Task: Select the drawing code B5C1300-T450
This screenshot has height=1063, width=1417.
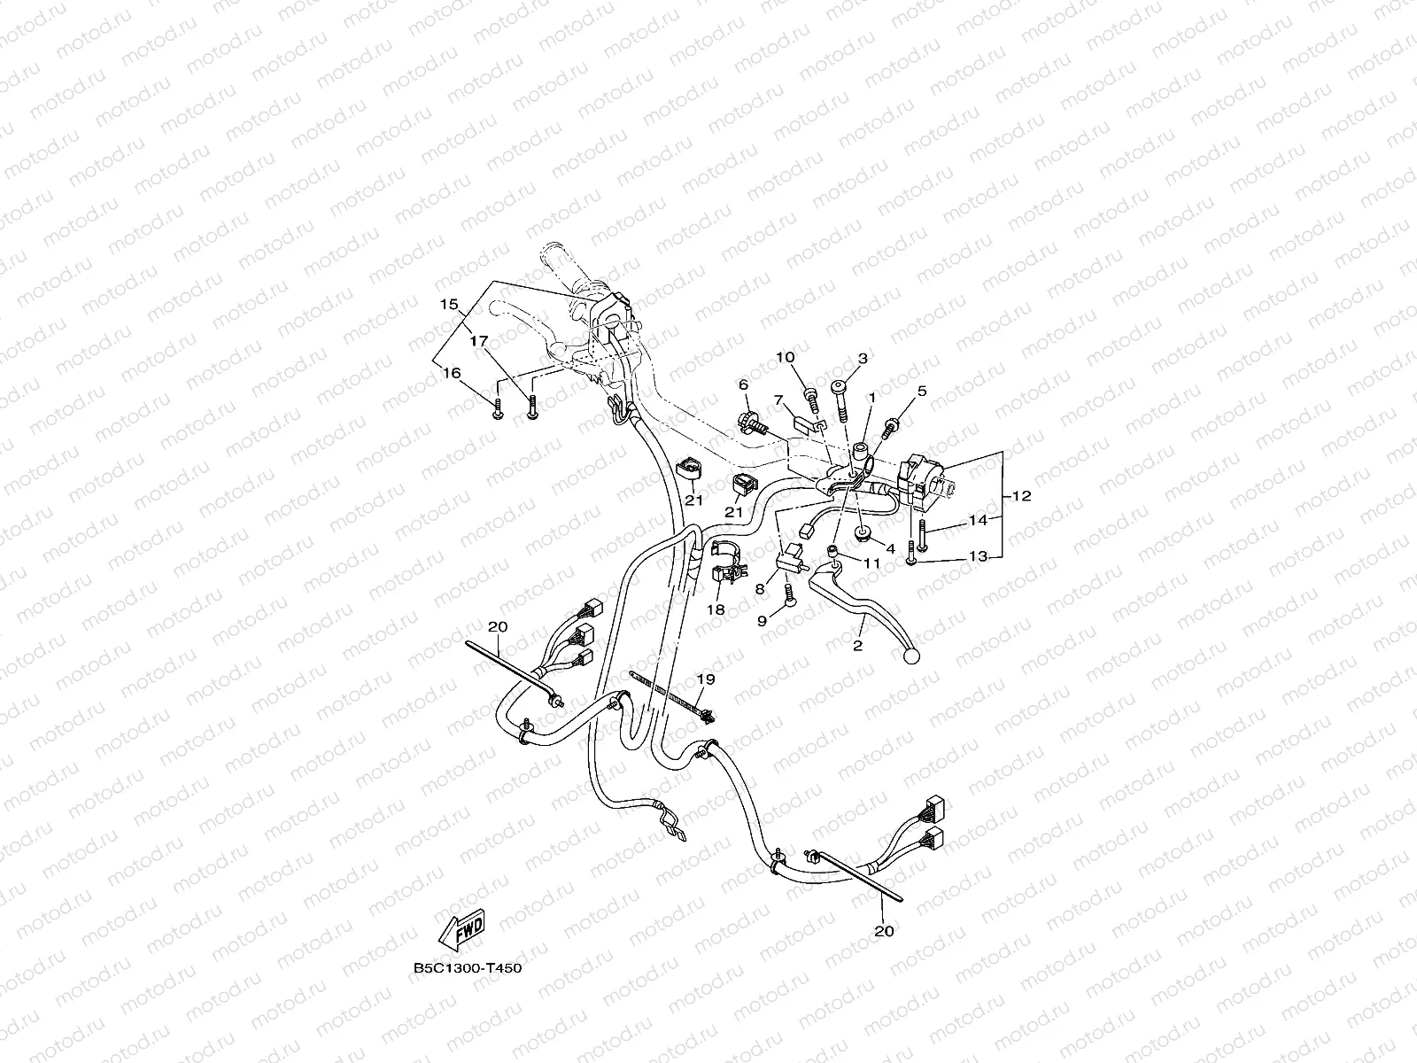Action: [467, 968]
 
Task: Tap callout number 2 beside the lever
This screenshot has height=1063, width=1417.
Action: [857, 646]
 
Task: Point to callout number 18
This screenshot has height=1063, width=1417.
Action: [716, 609]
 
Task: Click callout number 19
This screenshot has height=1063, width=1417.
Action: [705, 679]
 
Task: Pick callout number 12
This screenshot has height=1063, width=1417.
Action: [1021, 496]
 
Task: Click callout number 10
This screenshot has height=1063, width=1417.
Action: [786, 357]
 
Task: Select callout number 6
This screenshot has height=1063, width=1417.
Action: [743, 384]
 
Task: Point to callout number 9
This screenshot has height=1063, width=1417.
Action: [762, 622]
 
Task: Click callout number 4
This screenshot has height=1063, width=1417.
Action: [891, 548]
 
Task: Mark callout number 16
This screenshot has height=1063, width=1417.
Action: [452, 374]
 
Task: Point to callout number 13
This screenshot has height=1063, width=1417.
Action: [978, 556]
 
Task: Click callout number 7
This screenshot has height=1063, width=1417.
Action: [778, 400]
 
